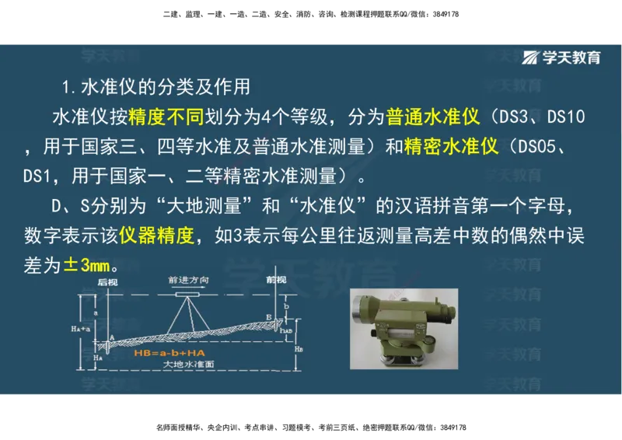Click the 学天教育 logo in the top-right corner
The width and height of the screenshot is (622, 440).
pos(561,58)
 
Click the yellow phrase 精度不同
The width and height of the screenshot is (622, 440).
pos(166,117)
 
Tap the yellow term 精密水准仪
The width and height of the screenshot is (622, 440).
pos(452,147)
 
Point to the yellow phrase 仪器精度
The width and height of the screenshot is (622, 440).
pos(156,236)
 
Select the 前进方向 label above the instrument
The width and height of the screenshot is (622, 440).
pos(190,280)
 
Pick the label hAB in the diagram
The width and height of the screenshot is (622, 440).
pos(287,330)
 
